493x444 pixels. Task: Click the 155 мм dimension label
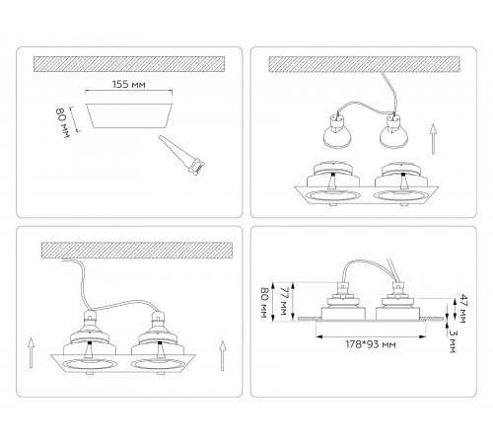pyautogui.click(x=129, y=85)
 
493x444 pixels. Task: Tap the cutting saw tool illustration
pyautogui.click(x=181, y=155)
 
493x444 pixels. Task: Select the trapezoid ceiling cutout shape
pyautogui.click(x=129, y=115)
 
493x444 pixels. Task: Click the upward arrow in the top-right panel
pyautogui.click(x=434, y=139)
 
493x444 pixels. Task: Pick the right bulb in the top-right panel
pyautogui.click(x=393, y=130)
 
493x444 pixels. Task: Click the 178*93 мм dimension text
pyautogui.click(x=371, y=344)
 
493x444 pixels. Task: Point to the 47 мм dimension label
pyautogui.click(x=463, y=309)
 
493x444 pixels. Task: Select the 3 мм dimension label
pyautogui.click(x=454, y=341)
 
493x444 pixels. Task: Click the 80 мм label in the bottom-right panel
pyautogui.click(x=265, y=303)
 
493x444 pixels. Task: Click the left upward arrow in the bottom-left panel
pyautogui.click(x=31, y=352)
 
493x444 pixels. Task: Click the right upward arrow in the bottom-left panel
pyautogui.click(x=223, y=355)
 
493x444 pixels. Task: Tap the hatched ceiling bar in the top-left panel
pyautogui.click(x=129, y=64)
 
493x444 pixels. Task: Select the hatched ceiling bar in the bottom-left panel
pyautogui.click(x=137, y=251)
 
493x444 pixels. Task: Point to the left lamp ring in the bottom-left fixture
pyautogui.click(x=90, y=365)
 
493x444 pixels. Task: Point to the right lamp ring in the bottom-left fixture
pyautogui.click(x=157, y=365)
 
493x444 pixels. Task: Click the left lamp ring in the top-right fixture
pyautogui.click(x=332, y=196)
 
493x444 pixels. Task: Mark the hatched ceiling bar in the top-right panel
pyautogui.click(x=365, y=64)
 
